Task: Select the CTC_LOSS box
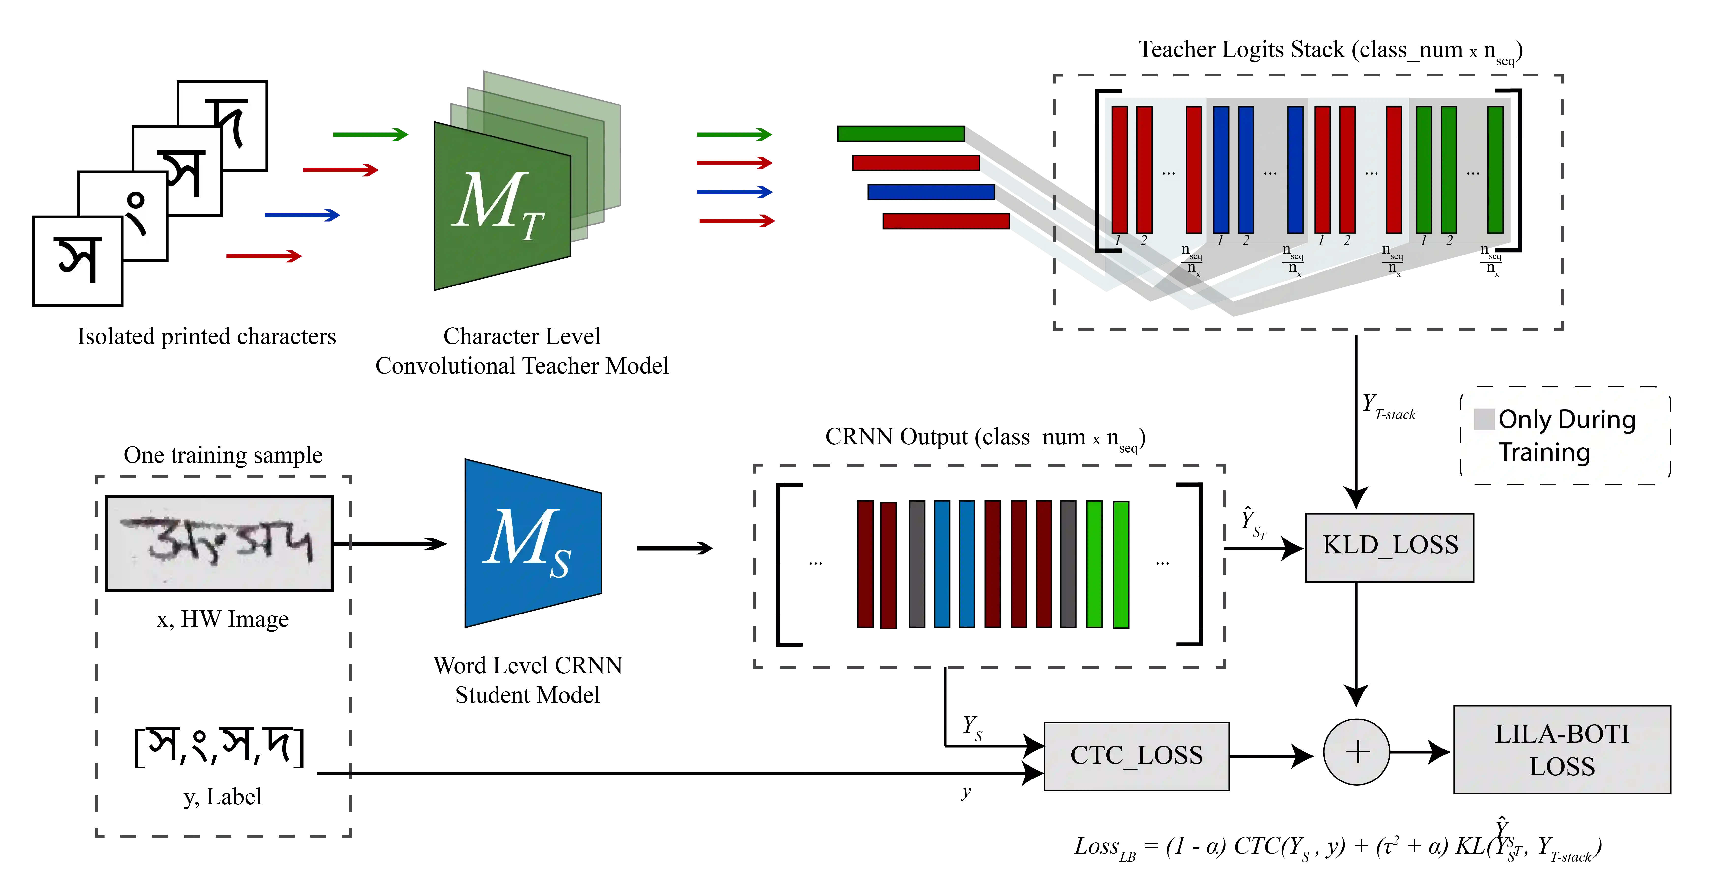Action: click(1136, 756)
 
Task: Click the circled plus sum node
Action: click(1356, 752)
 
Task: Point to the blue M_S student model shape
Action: click(532, 542)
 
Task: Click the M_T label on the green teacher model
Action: click(499, 203)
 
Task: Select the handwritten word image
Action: click(220, 542)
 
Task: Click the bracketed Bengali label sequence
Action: click(220, 747)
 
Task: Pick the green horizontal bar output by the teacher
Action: click(900, 134)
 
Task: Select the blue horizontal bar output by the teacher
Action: click(930, 192)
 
